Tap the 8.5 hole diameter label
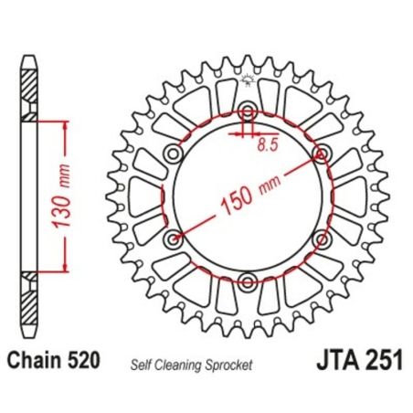click(268, 143)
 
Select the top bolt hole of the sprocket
click(247, 113)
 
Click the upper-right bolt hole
click(320, 153)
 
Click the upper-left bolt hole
click(174, 153)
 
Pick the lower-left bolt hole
click(174, 239)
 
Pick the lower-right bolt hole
click(320, 239)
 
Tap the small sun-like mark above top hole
click(247, 84)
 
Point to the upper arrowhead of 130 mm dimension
click(65, 128)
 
